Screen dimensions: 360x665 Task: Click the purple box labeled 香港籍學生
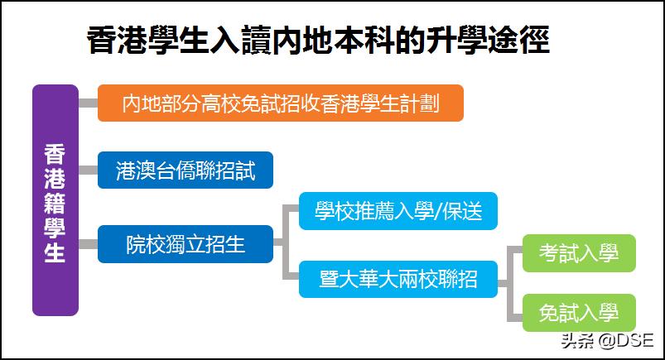tap(55, 200)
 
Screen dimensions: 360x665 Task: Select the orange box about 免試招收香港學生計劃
tap(280, 103)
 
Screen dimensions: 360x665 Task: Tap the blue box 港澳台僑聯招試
tap(185, 171)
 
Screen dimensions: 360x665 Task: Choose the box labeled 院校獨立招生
tap(185, 244)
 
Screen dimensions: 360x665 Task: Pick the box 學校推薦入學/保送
tap(398, 211)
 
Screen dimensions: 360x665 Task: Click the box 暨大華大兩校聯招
tap(398, 279)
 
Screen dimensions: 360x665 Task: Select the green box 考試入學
tap(578, 253)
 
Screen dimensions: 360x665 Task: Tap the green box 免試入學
tap(578, 313)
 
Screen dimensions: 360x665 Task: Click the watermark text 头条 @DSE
tap(606, 339)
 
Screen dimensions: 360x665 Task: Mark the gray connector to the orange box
tap(88, 103)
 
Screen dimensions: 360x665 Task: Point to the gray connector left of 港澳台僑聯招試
tap(88, 171)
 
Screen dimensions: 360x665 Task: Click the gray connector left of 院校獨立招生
tap(88, 244)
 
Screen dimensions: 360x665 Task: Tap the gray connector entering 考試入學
tap(514, 253)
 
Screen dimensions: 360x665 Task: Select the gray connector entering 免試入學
tap(514, 313)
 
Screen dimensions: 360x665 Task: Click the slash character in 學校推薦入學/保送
tap(438, 212)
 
